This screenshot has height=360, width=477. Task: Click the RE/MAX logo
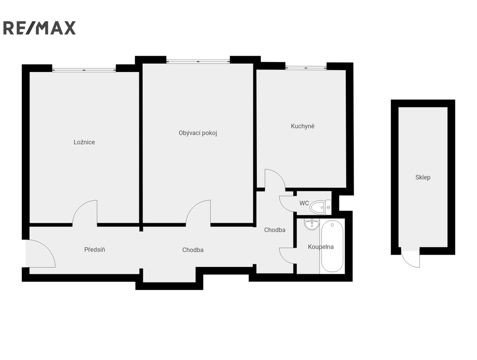(x=39, y=28)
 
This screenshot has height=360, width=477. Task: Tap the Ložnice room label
(x=84, y=142)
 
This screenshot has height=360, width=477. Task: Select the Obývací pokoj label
(x=198, y=133)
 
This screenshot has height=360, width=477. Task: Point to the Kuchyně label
(x=302, y=126)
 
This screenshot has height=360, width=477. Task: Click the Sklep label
(x=423, y=177)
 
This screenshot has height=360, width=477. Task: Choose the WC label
(x=304, y=203)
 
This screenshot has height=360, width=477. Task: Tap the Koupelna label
(x=321, y=247)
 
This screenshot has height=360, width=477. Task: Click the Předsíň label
(x=95, y=250)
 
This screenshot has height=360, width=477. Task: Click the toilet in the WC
(x=320, y=207)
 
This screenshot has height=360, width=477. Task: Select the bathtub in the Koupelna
(x=332, y=246)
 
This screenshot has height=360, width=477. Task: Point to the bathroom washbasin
(x=312, y=224)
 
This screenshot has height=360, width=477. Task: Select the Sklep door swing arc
(x=406, y=263)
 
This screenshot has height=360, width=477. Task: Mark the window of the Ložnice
(x=84, y=70)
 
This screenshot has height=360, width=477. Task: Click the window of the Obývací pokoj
(x=198, y=61)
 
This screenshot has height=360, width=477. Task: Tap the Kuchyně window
(x=306, y=68)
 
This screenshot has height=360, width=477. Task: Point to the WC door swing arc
(x=284, y=207)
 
